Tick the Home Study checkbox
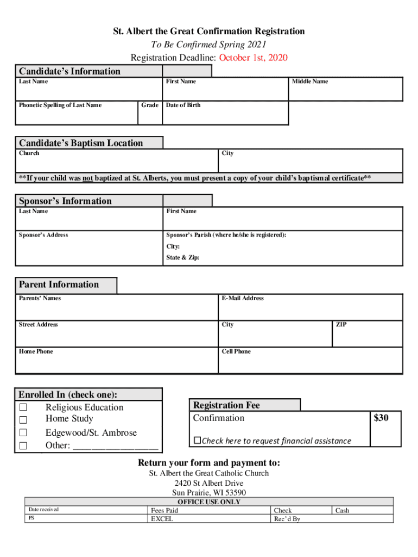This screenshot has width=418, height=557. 23,420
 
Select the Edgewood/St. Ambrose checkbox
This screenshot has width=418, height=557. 23,433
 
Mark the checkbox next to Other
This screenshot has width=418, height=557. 23,446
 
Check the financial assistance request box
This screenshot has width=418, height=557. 198,440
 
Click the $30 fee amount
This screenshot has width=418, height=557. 381,418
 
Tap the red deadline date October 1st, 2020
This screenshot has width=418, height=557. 253,58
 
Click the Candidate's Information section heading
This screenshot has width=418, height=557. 69,71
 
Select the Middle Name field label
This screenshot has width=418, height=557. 310,82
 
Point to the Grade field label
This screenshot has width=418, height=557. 149,105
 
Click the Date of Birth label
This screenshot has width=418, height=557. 183,105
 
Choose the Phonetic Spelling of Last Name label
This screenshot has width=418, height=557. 60,105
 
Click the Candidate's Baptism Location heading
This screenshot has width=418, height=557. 81,143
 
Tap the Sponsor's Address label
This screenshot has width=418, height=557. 43,235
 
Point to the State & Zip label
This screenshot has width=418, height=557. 182,257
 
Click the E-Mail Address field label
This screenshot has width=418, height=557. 243,298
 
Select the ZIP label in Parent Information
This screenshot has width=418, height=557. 341,325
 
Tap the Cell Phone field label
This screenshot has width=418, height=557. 236,351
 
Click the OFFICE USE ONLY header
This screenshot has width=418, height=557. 209,502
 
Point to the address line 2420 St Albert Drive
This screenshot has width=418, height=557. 209,483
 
